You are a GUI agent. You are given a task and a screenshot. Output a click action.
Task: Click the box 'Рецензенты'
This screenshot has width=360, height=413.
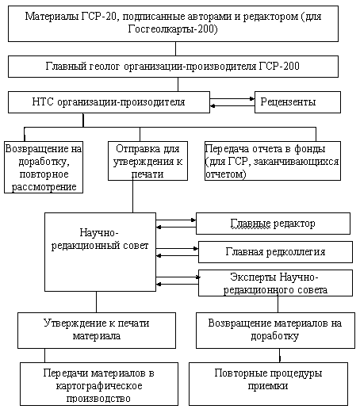(x=297, y=102)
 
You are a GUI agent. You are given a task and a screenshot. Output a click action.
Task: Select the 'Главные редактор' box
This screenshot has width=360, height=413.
(x=273, y=224)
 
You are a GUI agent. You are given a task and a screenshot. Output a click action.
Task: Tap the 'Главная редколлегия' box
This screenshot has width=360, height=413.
(x=275, y=252)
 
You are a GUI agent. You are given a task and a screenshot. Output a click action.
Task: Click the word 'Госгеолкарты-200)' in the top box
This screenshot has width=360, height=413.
(x=173, y=29)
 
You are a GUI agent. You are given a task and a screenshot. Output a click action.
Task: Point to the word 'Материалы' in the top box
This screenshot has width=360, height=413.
(x=52, y=17)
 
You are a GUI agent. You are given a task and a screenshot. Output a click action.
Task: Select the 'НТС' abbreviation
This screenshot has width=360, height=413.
(x=43, y=101)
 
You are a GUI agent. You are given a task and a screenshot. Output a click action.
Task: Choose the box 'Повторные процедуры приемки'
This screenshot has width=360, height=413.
(x=268, y=384)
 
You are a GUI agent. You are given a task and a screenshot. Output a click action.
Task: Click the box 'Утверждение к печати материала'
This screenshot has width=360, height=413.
(x=97, y=331)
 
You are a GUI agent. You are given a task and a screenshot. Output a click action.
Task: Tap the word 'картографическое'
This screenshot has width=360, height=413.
(x=99, y=386)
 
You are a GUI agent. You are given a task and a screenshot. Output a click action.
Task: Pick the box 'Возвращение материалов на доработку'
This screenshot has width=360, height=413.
(x=275, y=331)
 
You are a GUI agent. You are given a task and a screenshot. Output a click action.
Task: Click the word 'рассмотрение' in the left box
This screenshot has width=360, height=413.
(x=44, y=187)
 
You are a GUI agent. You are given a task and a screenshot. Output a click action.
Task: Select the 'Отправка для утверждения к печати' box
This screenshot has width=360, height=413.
(x=147, y=161)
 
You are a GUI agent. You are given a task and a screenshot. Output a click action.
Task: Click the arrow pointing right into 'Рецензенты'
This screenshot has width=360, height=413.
(x=232, y=99)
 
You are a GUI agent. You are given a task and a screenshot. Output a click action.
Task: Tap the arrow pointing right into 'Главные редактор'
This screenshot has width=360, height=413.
(x=176, y=220)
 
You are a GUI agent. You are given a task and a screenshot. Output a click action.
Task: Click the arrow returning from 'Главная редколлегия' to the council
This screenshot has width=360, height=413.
(x=178, y=255)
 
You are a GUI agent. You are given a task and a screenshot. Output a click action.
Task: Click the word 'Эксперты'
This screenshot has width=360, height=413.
(x=254, y=277)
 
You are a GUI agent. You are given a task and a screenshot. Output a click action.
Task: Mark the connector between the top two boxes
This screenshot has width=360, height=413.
(x=175, y=48)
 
